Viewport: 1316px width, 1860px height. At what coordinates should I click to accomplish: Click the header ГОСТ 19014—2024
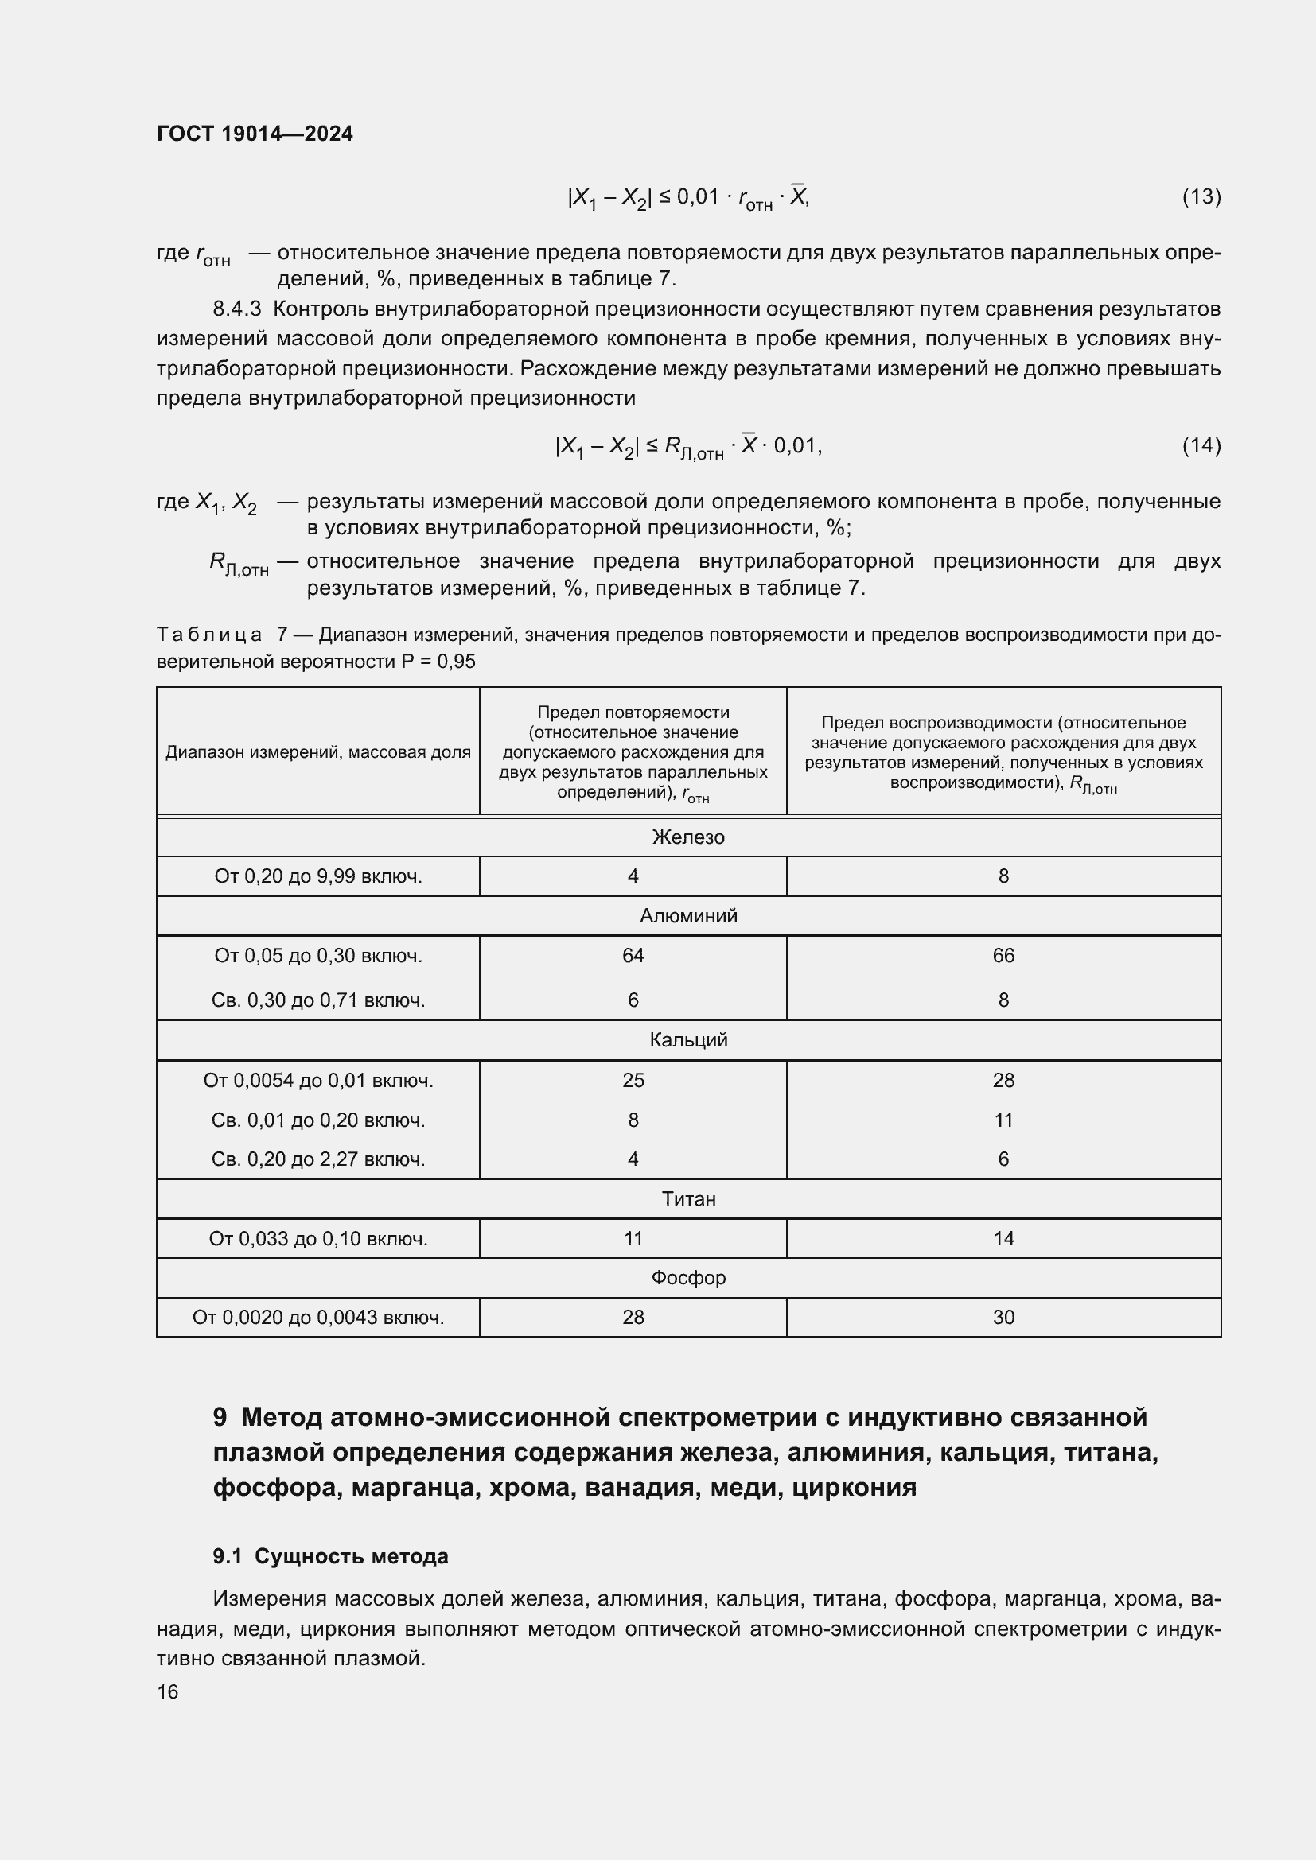(x=255, y=134)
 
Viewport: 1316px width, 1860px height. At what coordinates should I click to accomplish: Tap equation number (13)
(x=1201, y=196)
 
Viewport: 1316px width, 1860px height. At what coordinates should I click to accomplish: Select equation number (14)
(x=1201, y=445)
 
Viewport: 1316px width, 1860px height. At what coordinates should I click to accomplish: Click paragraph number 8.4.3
(x=236, y=309)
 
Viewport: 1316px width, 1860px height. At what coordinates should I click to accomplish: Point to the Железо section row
(x=688, y=837)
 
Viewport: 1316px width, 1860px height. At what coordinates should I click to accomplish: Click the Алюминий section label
(x=688, y=915)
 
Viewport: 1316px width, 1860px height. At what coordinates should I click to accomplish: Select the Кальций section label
(x=688, y=1039)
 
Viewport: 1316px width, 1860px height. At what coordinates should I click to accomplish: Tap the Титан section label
(x=688, y=1198)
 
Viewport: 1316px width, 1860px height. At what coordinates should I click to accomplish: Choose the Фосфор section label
(x=688, y=1278)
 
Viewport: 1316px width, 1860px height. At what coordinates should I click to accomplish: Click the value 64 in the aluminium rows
(x=633, y=955)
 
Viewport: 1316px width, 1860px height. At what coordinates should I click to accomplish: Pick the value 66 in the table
(x=1003, y=955)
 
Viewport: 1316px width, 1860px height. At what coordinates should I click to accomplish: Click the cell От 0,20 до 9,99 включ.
(x=317, y=876)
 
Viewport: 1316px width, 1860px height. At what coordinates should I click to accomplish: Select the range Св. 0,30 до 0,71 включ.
(x=317, y=1000)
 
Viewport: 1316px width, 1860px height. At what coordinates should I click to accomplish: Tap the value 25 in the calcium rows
(x=633, y=1080)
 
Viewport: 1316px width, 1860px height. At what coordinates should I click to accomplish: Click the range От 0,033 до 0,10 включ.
(x=317, y=1238)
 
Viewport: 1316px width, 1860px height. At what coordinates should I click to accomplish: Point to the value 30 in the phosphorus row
(x=1003, y=1317)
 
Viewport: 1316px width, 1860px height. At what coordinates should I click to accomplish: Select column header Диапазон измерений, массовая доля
(x=317, y=751)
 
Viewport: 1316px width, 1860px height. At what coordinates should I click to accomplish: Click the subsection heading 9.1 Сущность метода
(x=330, y=1556)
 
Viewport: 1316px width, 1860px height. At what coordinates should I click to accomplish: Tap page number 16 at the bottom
(x=168, y=1691)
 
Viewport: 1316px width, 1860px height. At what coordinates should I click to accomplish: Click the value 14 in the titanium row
(x=1003, y=1238)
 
